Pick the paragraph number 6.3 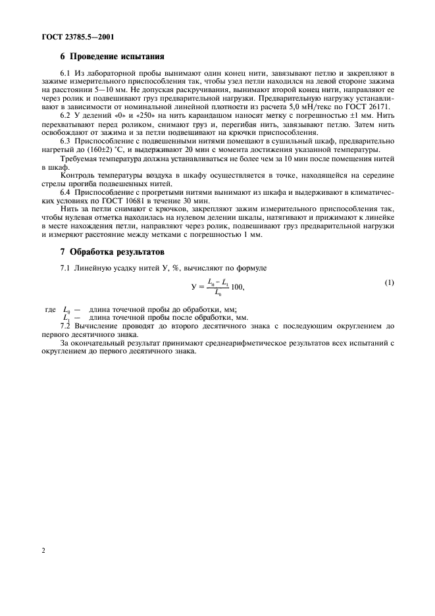(65, 141)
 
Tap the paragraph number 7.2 (65, 326)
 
